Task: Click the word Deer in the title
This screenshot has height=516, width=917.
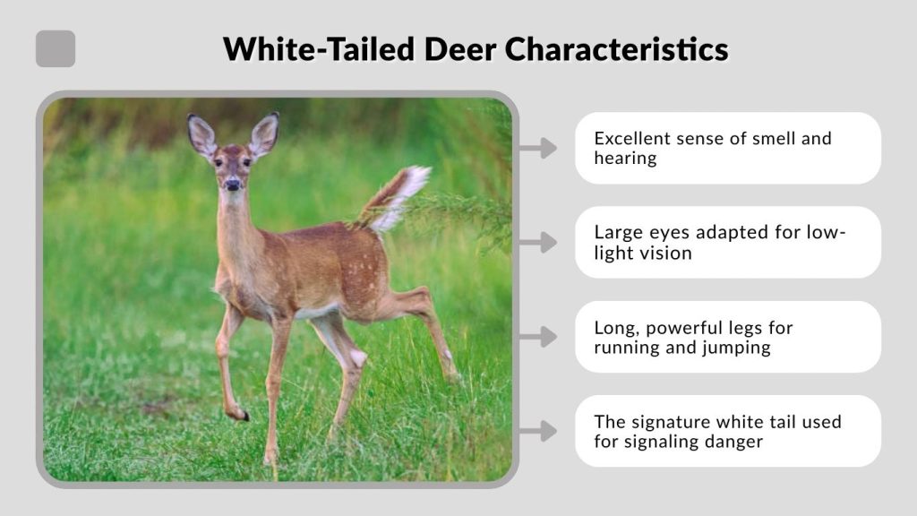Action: click(x=459, y=48)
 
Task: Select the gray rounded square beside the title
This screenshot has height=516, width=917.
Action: click(x=56, y=48)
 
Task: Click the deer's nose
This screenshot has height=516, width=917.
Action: click(x=233, y=185)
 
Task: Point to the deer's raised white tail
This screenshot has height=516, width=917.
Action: click(x=399, y=195)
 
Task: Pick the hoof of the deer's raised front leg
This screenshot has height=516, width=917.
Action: click(x=240, y=414)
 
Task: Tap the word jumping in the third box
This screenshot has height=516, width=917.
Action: click(x=737, y=348)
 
